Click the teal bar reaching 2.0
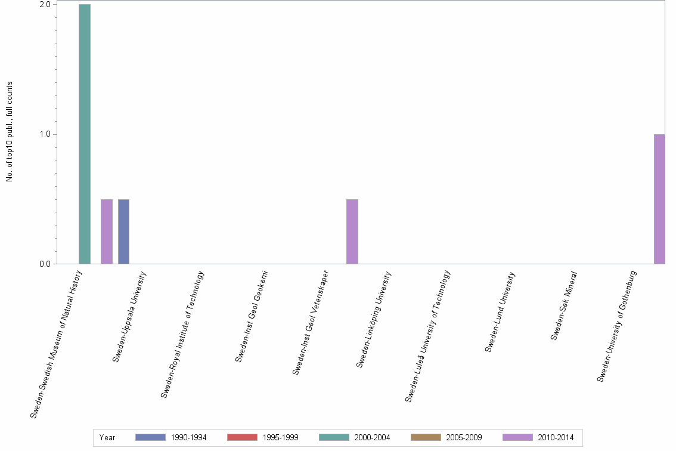85,134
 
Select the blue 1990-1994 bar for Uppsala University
123,231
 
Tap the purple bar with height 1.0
659,199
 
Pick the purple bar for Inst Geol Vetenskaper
352,231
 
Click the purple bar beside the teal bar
107,231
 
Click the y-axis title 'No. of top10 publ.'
10,131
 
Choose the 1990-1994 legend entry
171,438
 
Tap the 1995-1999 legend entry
263,438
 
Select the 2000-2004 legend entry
355,438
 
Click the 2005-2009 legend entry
446,438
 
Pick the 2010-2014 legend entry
538,438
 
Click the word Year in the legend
107,438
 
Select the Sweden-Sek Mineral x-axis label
563,305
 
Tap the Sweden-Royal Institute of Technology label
182,333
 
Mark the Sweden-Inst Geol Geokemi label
252,316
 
